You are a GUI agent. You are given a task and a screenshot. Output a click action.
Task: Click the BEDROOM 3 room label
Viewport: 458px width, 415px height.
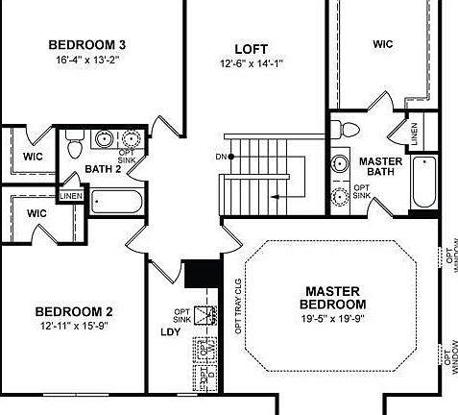(87, 44)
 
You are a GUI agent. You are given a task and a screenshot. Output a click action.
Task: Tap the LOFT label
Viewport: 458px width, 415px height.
(251, 49)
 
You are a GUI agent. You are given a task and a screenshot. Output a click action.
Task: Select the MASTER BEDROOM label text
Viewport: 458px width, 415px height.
(332, 298)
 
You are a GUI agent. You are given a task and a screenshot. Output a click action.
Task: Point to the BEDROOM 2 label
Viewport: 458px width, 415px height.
(74, 311)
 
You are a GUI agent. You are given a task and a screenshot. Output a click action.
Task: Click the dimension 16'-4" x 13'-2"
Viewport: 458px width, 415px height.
(87, 61)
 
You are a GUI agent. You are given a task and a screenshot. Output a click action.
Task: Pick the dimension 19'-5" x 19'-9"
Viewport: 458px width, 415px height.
(333, 318)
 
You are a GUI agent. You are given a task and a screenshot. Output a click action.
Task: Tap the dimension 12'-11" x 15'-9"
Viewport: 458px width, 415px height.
(74, 327)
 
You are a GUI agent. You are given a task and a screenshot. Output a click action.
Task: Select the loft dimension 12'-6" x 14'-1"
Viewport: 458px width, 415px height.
(251, 64)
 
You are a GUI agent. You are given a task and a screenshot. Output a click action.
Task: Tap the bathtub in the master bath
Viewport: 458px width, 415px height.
(423, 182)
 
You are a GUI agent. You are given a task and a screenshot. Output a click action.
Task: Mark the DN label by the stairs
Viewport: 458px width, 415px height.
(221, 157)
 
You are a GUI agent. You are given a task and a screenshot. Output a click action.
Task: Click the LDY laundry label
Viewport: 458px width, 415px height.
(170, 333)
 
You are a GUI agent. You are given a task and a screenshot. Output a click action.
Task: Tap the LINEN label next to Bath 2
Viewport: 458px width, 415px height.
(71, 196)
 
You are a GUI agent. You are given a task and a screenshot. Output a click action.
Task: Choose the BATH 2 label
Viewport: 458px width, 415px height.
(102, 169)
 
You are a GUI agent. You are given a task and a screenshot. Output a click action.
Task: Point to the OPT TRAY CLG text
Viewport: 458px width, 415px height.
(238, 305)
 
